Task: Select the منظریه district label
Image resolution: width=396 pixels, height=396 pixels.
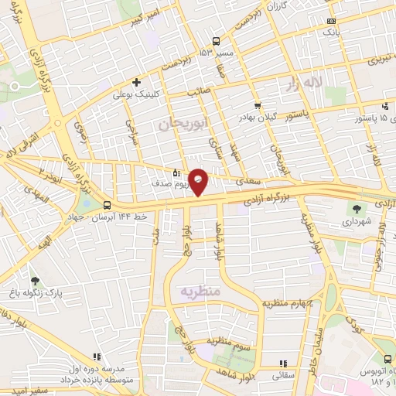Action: [201, 292]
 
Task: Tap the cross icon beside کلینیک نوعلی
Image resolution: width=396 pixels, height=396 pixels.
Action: [136, 81]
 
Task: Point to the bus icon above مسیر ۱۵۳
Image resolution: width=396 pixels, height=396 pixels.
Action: [217, 42]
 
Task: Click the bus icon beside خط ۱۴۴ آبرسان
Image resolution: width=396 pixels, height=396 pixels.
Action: [106, 206]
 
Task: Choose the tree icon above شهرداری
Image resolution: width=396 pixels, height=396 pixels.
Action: [357, 208]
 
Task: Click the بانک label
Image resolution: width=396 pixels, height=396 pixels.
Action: [330, 33]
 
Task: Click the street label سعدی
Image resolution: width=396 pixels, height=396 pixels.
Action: [246, 181]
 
